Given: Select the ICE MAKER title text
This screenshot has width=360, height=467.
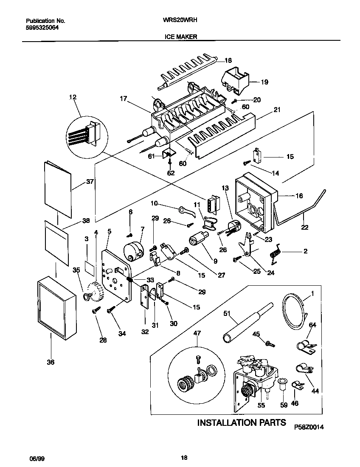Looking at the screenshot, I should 180,37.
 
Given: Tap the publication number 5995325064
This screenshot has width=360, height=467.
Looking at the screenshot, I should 42,27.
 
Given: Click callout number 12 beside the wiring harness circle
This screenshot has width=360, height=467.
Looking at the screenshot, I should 73,97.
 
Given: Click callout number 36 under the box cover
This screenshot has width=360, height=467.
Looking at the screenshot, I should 51,362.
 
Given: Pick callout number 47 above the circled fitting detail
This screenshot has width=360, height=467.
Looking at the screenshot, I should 197,333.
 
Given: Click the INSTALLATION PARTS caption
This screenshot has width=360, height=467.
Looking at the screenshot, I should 242,422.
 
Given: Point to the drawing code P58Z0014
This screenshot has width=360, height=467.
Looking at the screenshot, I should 309,428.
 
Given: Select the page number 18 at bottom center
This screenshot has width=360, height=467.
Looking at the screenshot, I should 184,457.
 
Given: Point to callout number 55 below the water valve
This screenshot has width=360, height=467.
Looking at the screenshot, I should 261,405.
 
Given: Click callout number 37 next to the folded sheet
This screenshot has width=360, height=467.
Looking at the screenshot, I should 90,182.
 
